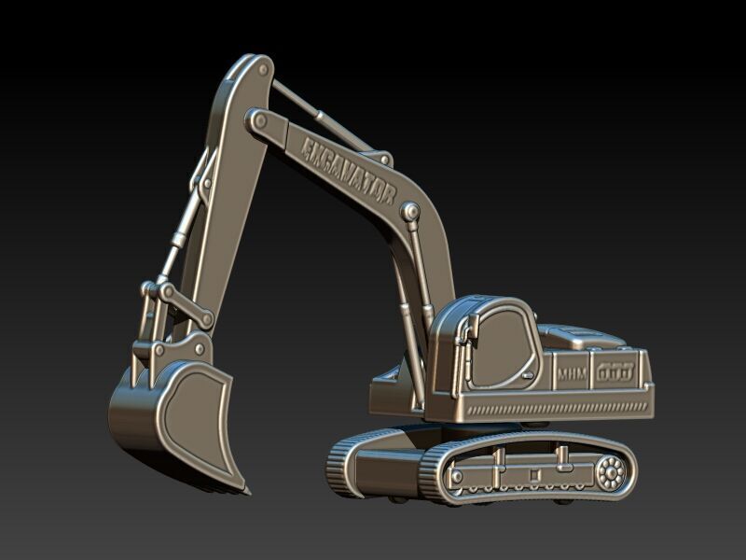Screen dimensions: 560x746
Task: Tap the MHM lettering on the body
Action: (x=571, y=373)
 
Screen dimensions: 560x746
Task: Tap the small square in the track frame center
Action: (x=532, y=473)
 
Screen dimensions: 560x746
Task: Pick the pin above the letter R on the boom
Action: (x=408, y=213)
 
